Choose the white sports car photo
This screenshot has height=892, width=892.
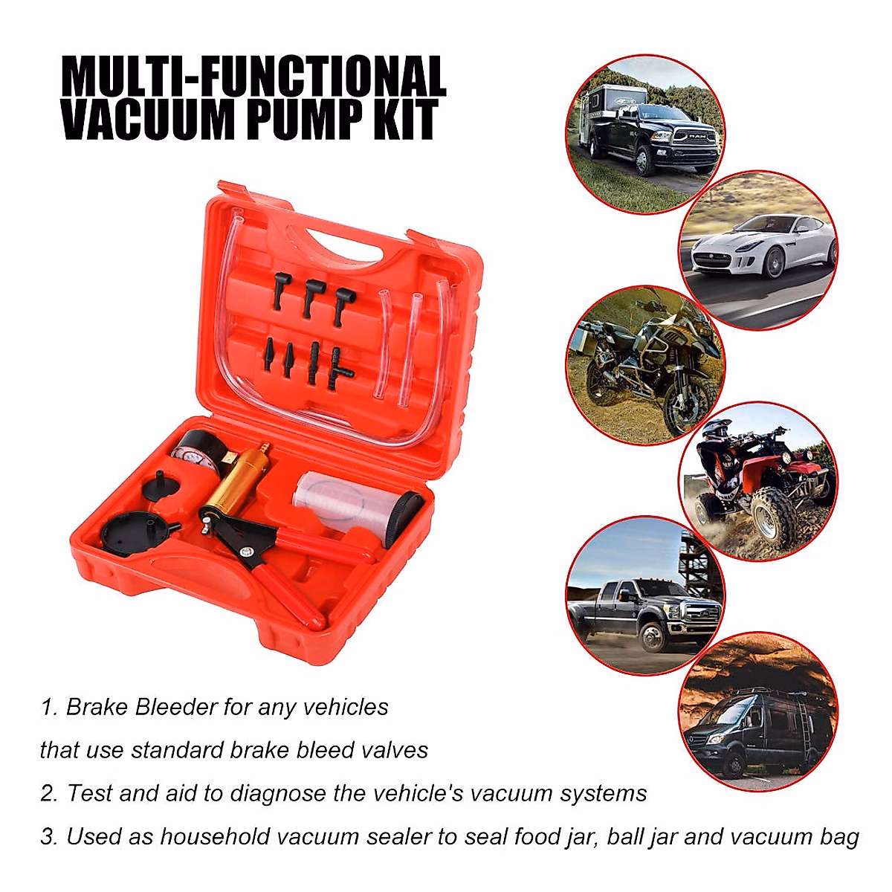(758, 249)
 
